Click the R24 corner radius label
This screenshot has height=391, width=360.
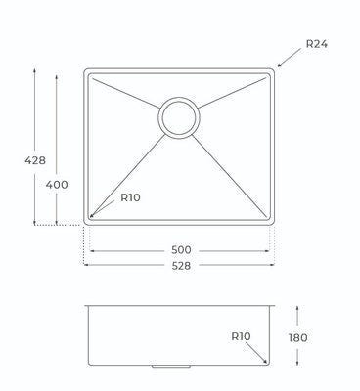click(x=317, y=44)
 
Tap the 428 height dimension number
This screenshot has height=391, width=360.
click(x=35, y=160)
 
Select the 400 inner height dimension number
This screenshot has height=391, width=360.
click(x=57, y=185)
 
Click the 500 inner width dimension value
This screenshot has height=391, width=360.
click(x=181, y=250)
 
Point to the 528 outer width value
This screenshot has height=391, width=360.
click(x=181, y=266)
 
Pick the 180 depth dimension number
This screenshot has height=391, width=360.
click(x=297, y=338)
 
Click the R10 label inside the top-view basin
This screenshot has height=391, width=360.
click(x=130, y=197)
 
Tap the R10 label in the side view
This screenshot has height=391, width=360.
click(x=241, y=336)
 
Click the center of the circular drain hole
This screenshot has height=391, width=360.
click(x=179, y=117)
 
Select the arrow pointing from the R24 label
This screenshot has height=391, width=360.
click(x=290, y=58)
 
